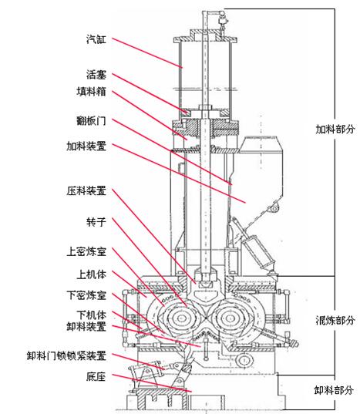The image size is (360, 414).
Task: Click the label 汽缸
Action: tap(96, 39)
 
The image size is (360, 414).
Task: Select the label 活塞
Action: tap(96, 75)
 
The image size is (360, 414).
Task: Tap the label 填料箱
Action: tap(91, 91)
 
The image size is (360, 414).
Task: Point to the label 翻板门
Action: tap(91, 121)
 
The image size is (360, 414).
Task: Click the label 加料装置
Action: tap(86, 146)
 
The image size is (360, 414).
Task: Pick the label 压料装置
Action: tap(86, 190)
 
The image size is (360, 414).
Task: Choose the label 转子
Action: tap(96, 222)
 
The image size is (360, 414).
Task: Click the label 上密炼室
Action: tap(86, 251)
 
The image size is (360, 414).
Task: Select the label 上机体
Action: tap(91, 274)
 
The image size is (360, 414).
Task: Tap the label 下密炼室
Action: tap(86, 295)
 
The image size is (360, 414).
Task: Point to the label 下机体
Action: tap(91, 315)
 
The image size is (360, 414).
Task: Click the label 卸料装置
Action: tap(86, 326)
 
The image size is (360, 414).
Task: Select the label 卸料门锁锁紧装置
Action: tap(66, 355)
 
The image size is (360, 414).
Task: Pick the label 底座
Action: tap(96, 376)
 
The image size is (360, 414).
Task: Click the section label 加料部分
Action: tap(335, 129)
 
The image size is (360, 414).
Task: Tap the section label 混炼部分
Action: tap(335, 320)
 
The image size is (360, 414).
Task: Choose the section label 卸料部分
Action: tap(334, 389)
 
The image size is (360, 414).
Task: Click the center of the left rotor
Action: tap(181, 318)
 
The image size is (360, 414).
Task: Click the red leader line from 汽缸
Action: tap(147, 52)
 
